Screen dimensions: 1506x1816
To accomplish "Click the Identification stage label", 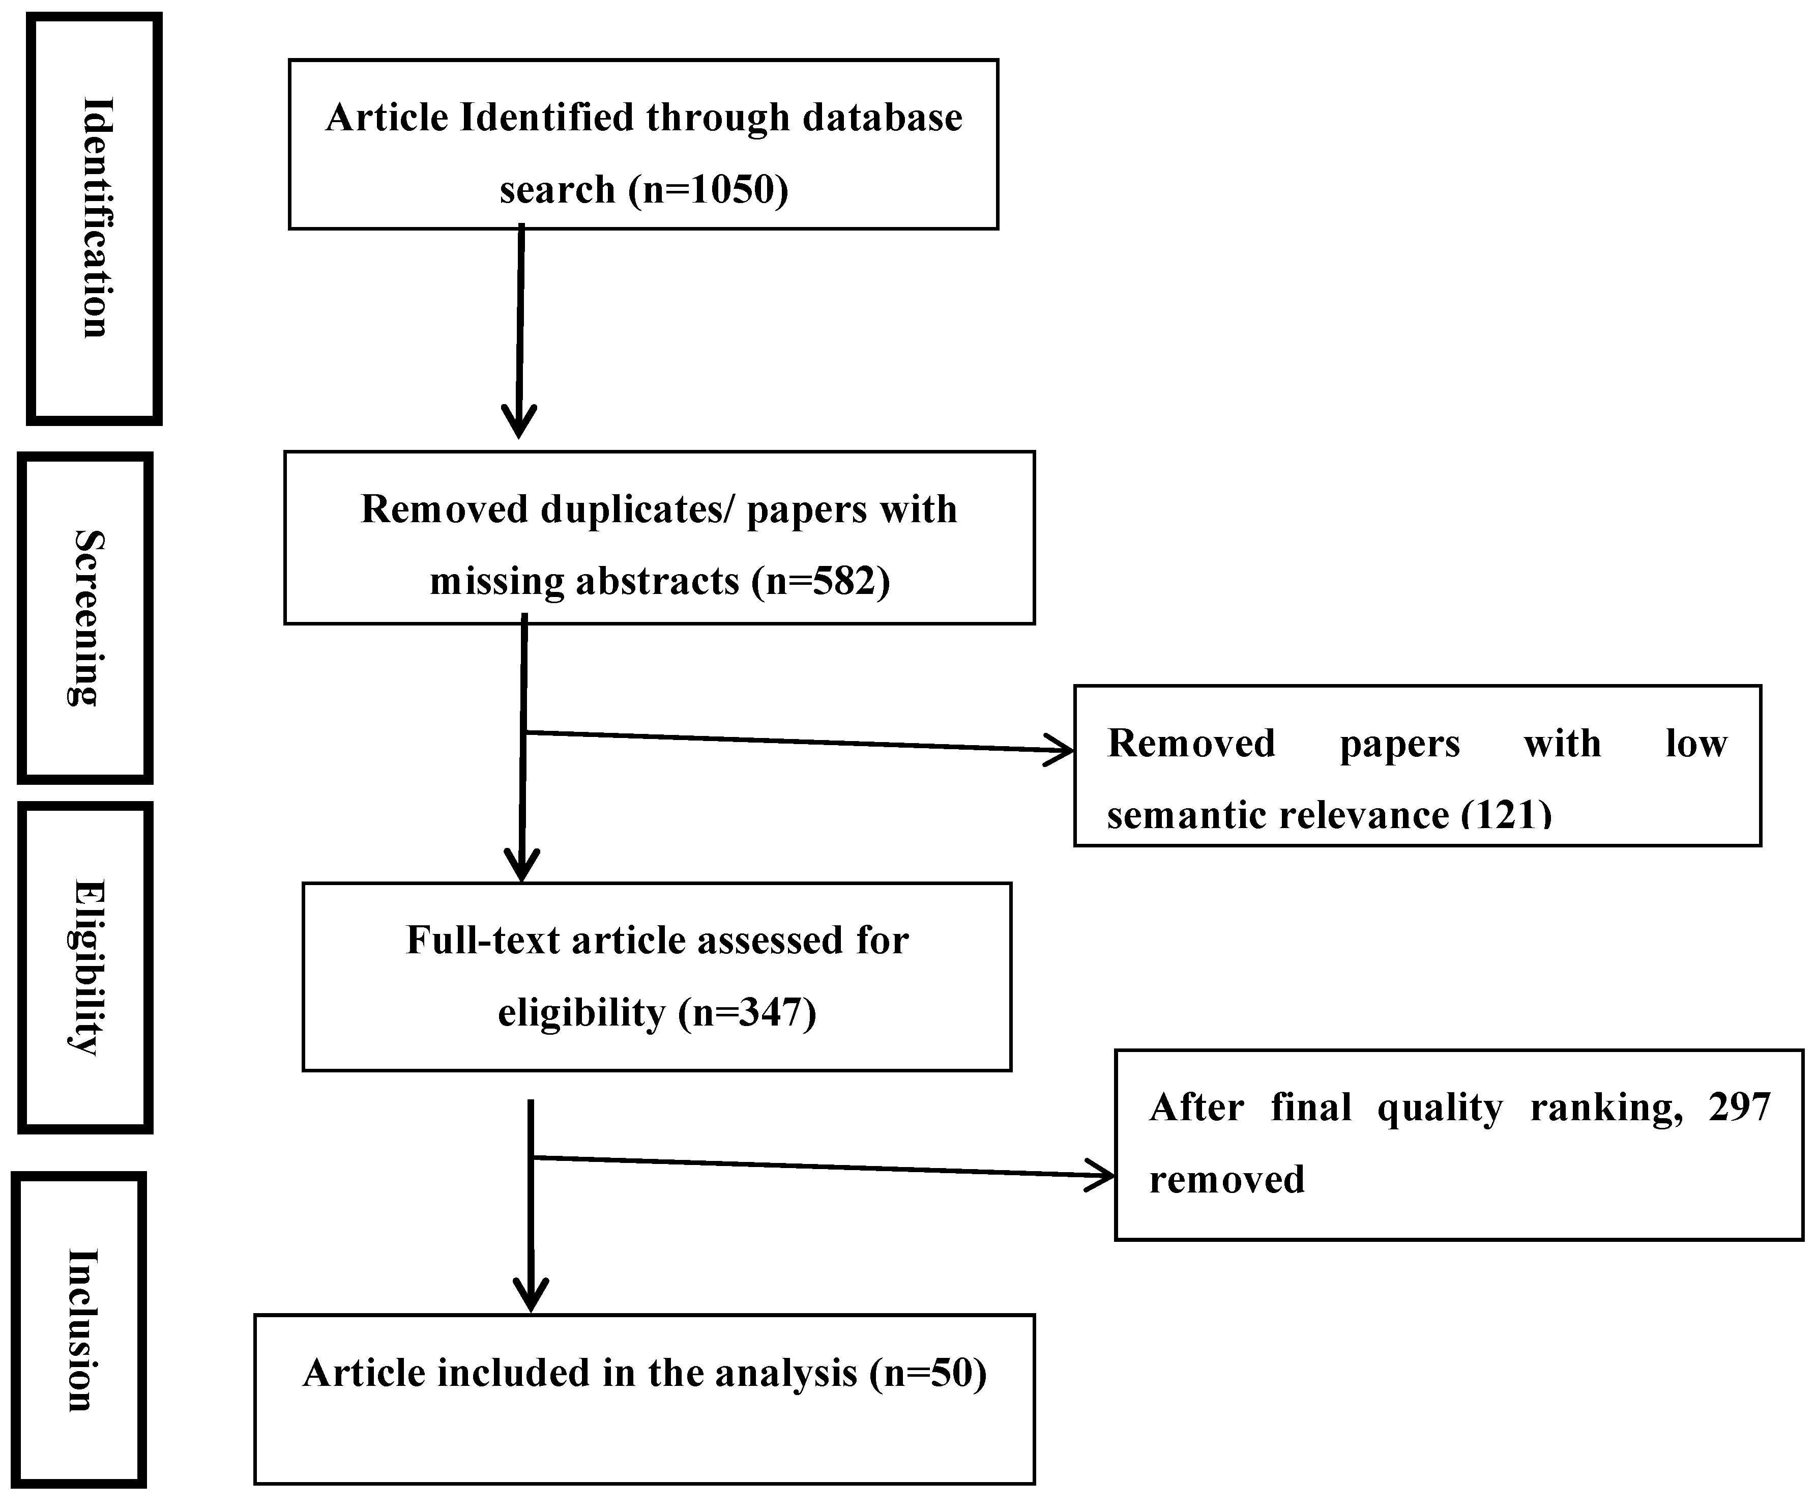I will (x=96, y=218).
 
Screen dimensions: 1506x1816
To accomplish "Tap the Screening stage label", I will (x=86, y=618).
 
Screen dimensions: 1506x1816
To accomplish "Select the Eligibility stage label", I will (x=86, y=967).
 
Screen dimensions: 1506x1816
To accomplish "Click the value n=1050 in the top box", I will (x=708, y=189).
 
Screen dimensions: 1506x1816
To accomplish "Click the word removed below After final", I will (x=1226, y=1179).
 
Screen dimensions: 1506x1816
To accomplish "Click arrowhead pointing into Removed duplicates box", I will (x=519, y=424).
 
